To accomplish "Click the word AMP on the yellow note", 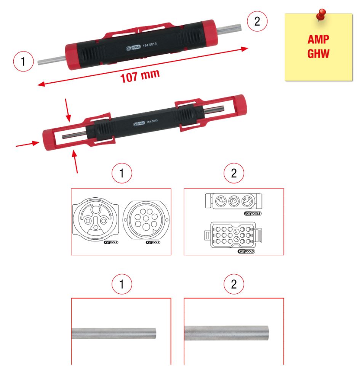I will pyautogui.click(x=318, y=40).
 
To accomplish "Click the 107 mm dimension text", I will pyautogui.click(x=140, y=76).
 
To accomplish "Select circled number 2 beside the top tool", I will pyautogui.click(x=257, y=21).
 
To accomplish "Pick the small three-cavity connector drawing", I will pyautogui.click(x=232, y=200).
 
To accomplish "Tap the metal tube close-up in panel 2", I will pyautogui.click(x=227, y=333).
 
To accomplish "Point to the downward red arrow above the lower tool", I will pyautogui.click(x=69, y=112).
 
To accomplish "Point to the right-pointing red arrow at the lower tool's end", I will pyautogui.click(x=28, y=144).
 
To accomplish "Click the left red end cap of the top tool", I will pyautogui.click(x=72, y=56).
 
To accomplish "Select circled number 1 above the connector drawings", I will pyautogui.click(x=121, y=174).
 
